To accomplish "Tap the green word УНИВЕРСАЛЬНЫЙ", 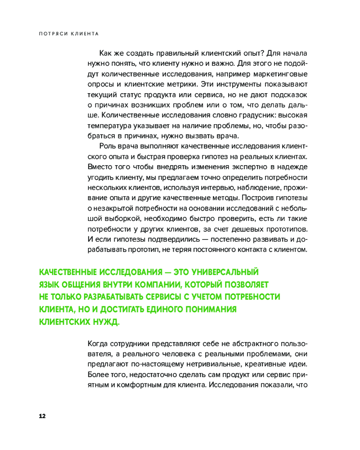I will (x=225, y=273).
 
